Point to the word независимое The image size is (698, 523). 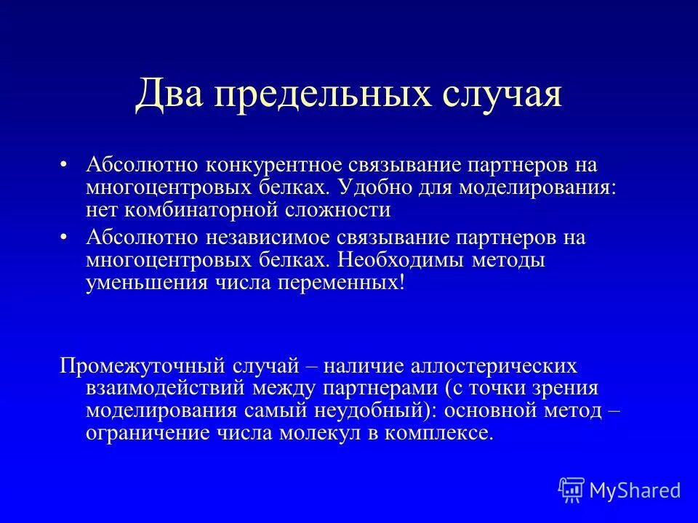click(x=262, y=238)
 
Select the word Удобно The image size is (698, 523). click(x=375, y=187)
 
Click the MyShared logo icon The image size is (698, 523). click(x=571, y=490)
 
